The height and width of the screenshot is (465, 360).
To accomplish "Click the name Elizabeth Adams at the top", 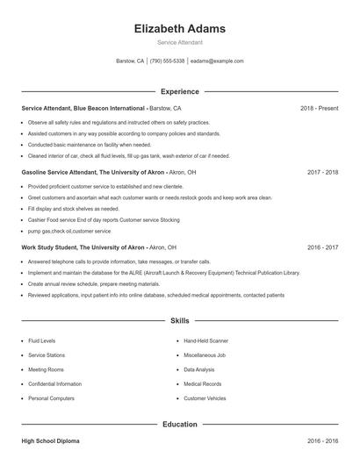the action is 179,28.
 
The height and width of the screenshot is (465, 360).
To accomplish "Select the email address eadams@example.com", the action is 217,61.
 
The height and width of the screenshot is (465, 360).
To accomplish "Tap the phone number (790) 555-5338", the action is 167,61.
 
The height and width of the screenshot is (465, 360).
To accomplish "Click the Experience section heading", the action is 179,91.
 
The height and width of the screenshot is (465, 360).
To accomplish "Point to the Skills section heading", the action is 179,321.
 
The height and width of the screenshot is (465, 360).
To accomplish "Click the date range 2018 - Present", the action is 319,108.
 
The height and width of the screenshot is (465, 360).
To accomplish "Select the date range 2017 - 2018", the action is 322,173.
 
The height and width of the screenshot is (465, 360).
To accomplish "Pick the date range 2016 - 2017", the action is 322,247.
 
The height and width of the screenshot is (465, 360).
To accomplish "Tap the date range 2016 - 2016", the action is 322,440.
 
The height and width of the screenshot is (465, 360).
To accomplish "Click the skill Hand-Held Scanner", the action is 205,340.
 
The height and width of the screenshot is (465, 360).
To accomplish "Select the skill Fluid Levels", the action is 42,340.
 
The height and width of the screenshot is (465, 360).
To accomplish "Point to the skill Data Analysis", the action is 199,369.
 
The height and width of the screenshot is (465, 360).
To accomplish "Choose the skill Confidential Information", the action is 54,384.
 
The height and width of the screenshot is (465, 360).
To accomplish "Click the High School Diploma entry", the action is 49,440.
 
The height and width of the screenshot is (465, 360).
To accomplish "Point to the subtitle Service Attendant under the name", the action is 179,42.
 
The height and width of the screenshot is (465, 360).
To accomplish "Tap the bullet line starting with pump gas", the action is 69,231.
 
